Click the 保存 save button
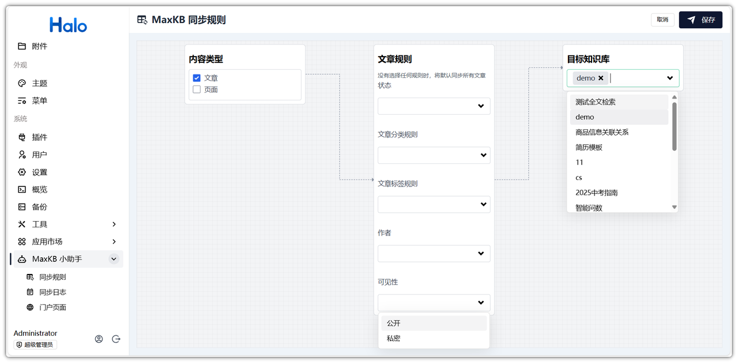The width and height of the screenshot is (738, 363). point(701,20)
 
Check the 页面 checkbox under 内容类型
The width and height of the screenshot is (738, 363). point(197,89)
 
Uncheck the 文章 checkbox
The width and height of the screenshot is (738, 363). point(197,78)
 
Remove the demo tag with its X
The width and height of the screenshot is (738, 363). point(601,78)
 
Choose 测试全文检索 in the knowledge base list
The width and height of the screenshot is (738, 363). point(596,102)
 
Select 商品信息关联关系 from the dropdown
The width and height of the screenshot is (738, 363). point(602,132)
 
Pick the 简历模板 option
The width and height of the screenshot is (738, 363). point(589,147)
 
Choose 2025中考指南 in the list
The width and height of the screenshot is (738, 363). point(596,193)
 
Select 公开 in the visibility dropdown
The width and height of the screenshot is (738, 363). point(394,323)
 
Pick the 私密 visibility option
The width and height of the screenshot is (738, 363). point(394,338)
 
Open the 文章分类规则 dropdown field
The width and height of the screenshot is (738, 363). point(434,155)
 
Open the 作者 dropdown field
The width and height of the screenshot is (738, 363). point(434,253)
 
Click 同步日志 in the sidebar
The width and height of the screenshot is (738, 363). point(52,292)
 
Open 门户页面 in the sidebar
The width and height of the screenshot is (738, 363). point(52,307)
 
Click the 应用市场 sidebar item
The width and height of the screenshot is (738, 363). point(47,241)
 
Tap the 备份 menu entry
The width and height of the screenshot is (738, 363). point(39,207)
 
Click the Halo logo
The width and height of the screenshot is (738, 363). point(68,25)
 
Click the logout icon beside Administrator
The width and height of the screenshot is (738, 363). point(116,339)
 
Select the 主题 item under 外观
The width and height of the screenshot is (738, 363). point(39,83)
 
